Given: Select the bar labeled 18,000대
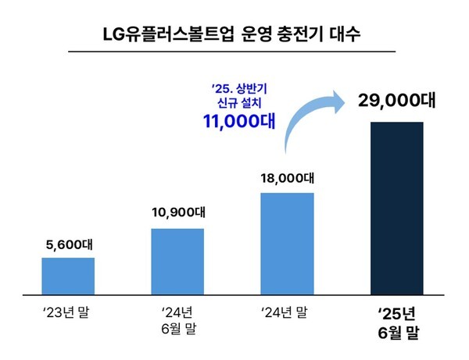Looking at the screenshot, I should tap(287, 241).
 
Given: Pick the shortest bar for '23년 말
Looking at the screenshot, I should tap(68, 273).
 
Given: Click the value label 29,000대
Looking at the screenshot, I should tap(396, 102).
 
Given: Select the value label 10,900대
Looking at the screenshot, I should tap(177, 212).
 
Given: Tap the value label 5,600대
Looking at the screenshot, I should tap(68, 242).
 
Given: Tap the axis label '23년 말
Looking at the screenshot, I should tap(68, 315).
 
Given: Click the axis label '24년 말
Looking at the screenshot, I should tap(287, 315).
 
